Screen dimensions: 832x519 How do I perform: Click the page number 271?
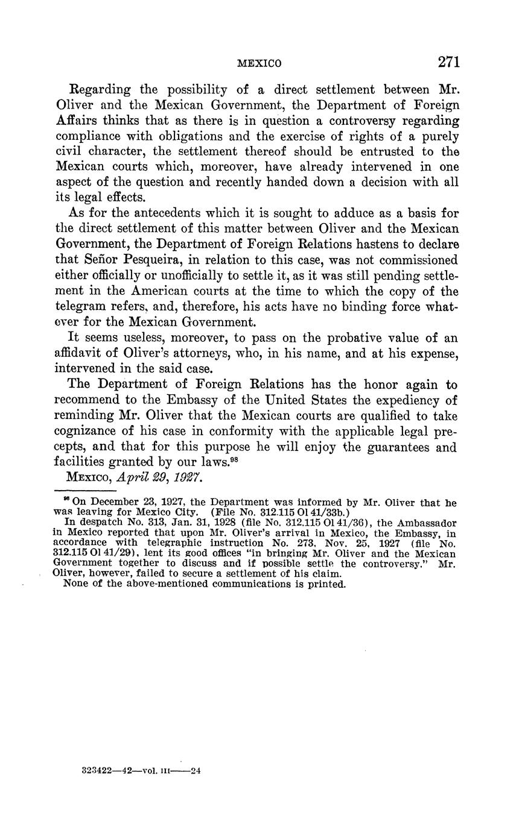449,62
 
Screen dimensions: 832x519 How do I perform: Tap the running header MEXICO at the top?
259,63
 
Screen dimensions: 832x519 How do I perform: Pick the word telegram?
78,307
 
